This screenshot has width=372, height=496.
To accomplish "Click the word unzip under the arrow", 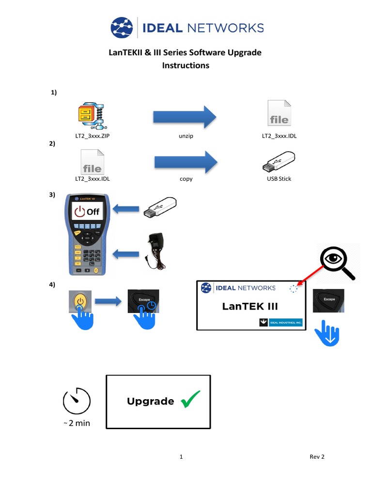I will (186, 136).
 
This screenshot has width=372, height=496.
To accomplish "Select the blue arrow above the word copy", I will (186, 162).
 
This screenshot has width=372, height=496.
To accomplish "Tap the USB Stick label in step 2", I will (279, 179).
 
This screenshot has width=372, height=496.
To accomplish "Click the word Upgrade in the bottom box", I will (150, 401).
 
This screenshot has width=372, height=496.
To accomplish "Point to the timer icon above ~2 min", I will (77, 401).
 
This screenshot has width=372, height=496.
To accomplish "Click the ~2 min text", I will (77, 423).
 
